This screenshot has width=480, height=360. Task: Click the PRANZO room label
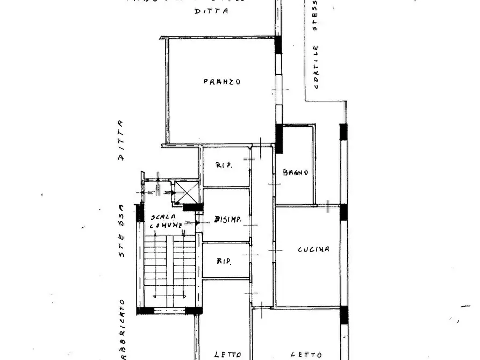(221, 82)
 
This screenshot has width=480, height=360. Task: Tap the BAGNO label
(295, 173)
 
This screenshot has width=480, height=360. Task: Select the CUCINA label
(314, 250)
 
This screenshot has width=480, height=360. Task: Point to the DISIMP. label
(227, 219)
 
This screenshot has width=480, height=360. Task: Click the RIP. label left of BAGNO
(224, 165)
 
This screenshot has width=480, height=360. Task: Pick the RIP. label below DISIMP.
(224, 262)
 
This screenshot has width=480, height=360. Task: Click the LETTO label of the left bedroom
(227, 355)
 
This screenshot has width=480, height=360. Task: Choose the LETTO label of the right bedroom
(306, 355)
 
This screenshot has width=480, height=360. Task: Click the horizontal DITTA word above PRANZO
(211, 11)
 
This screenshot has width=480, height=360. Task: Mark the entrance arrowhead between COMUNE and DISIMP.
(197, 222)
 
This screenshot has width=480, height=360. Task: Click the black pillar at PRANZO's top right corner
(278, 45)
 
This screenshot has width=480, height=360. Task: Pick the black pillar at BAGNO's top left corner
(279, 138)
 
